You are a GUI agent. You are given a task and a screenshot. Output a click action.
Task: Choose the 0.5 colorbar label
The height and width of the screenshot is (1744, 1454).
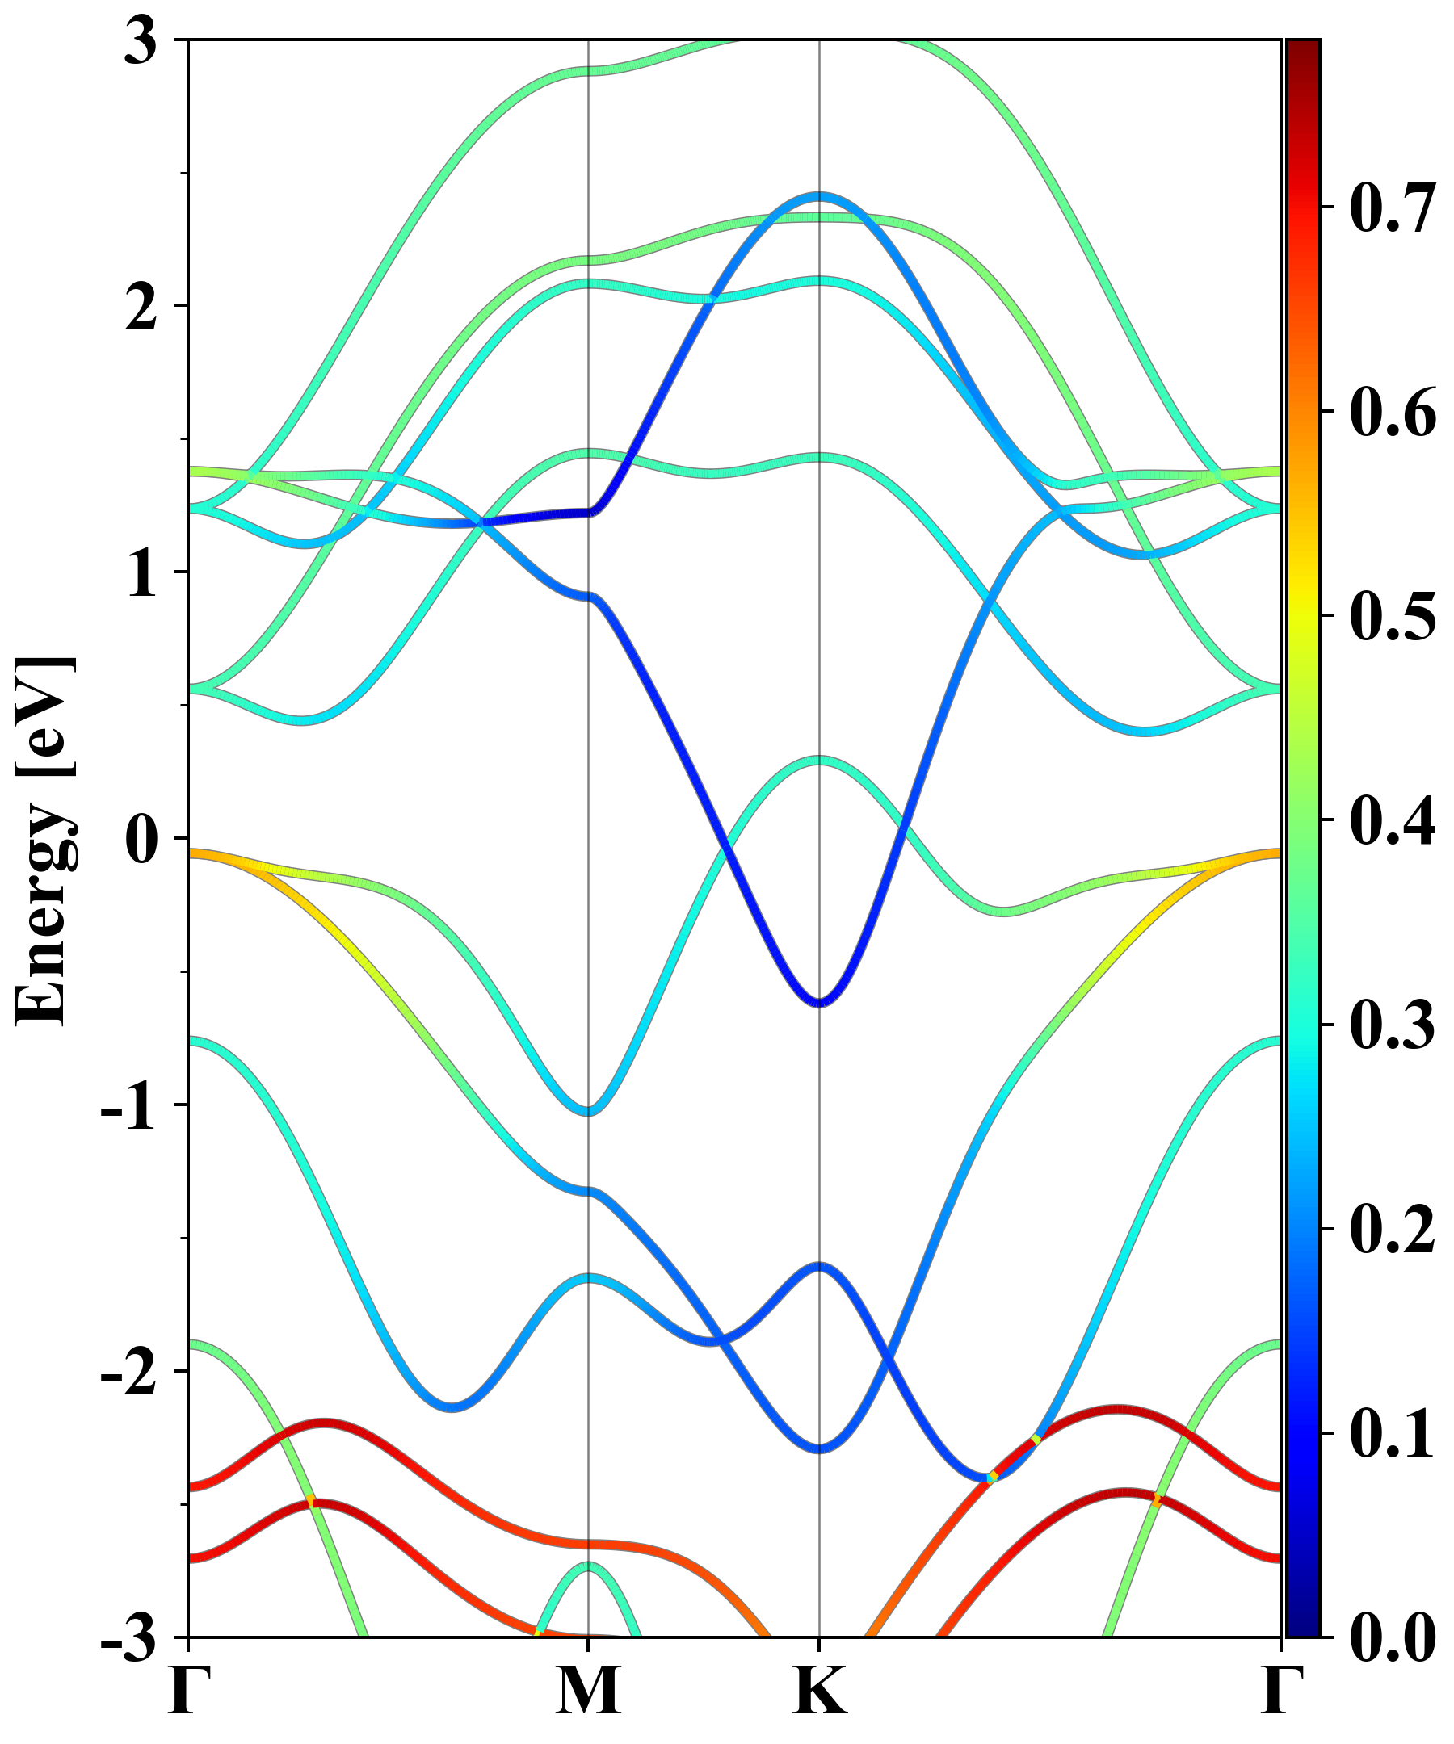1393,616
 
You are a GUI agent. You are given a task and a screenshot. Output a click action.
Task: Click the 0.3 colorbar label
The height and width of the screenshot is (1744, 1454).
1393,1025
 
